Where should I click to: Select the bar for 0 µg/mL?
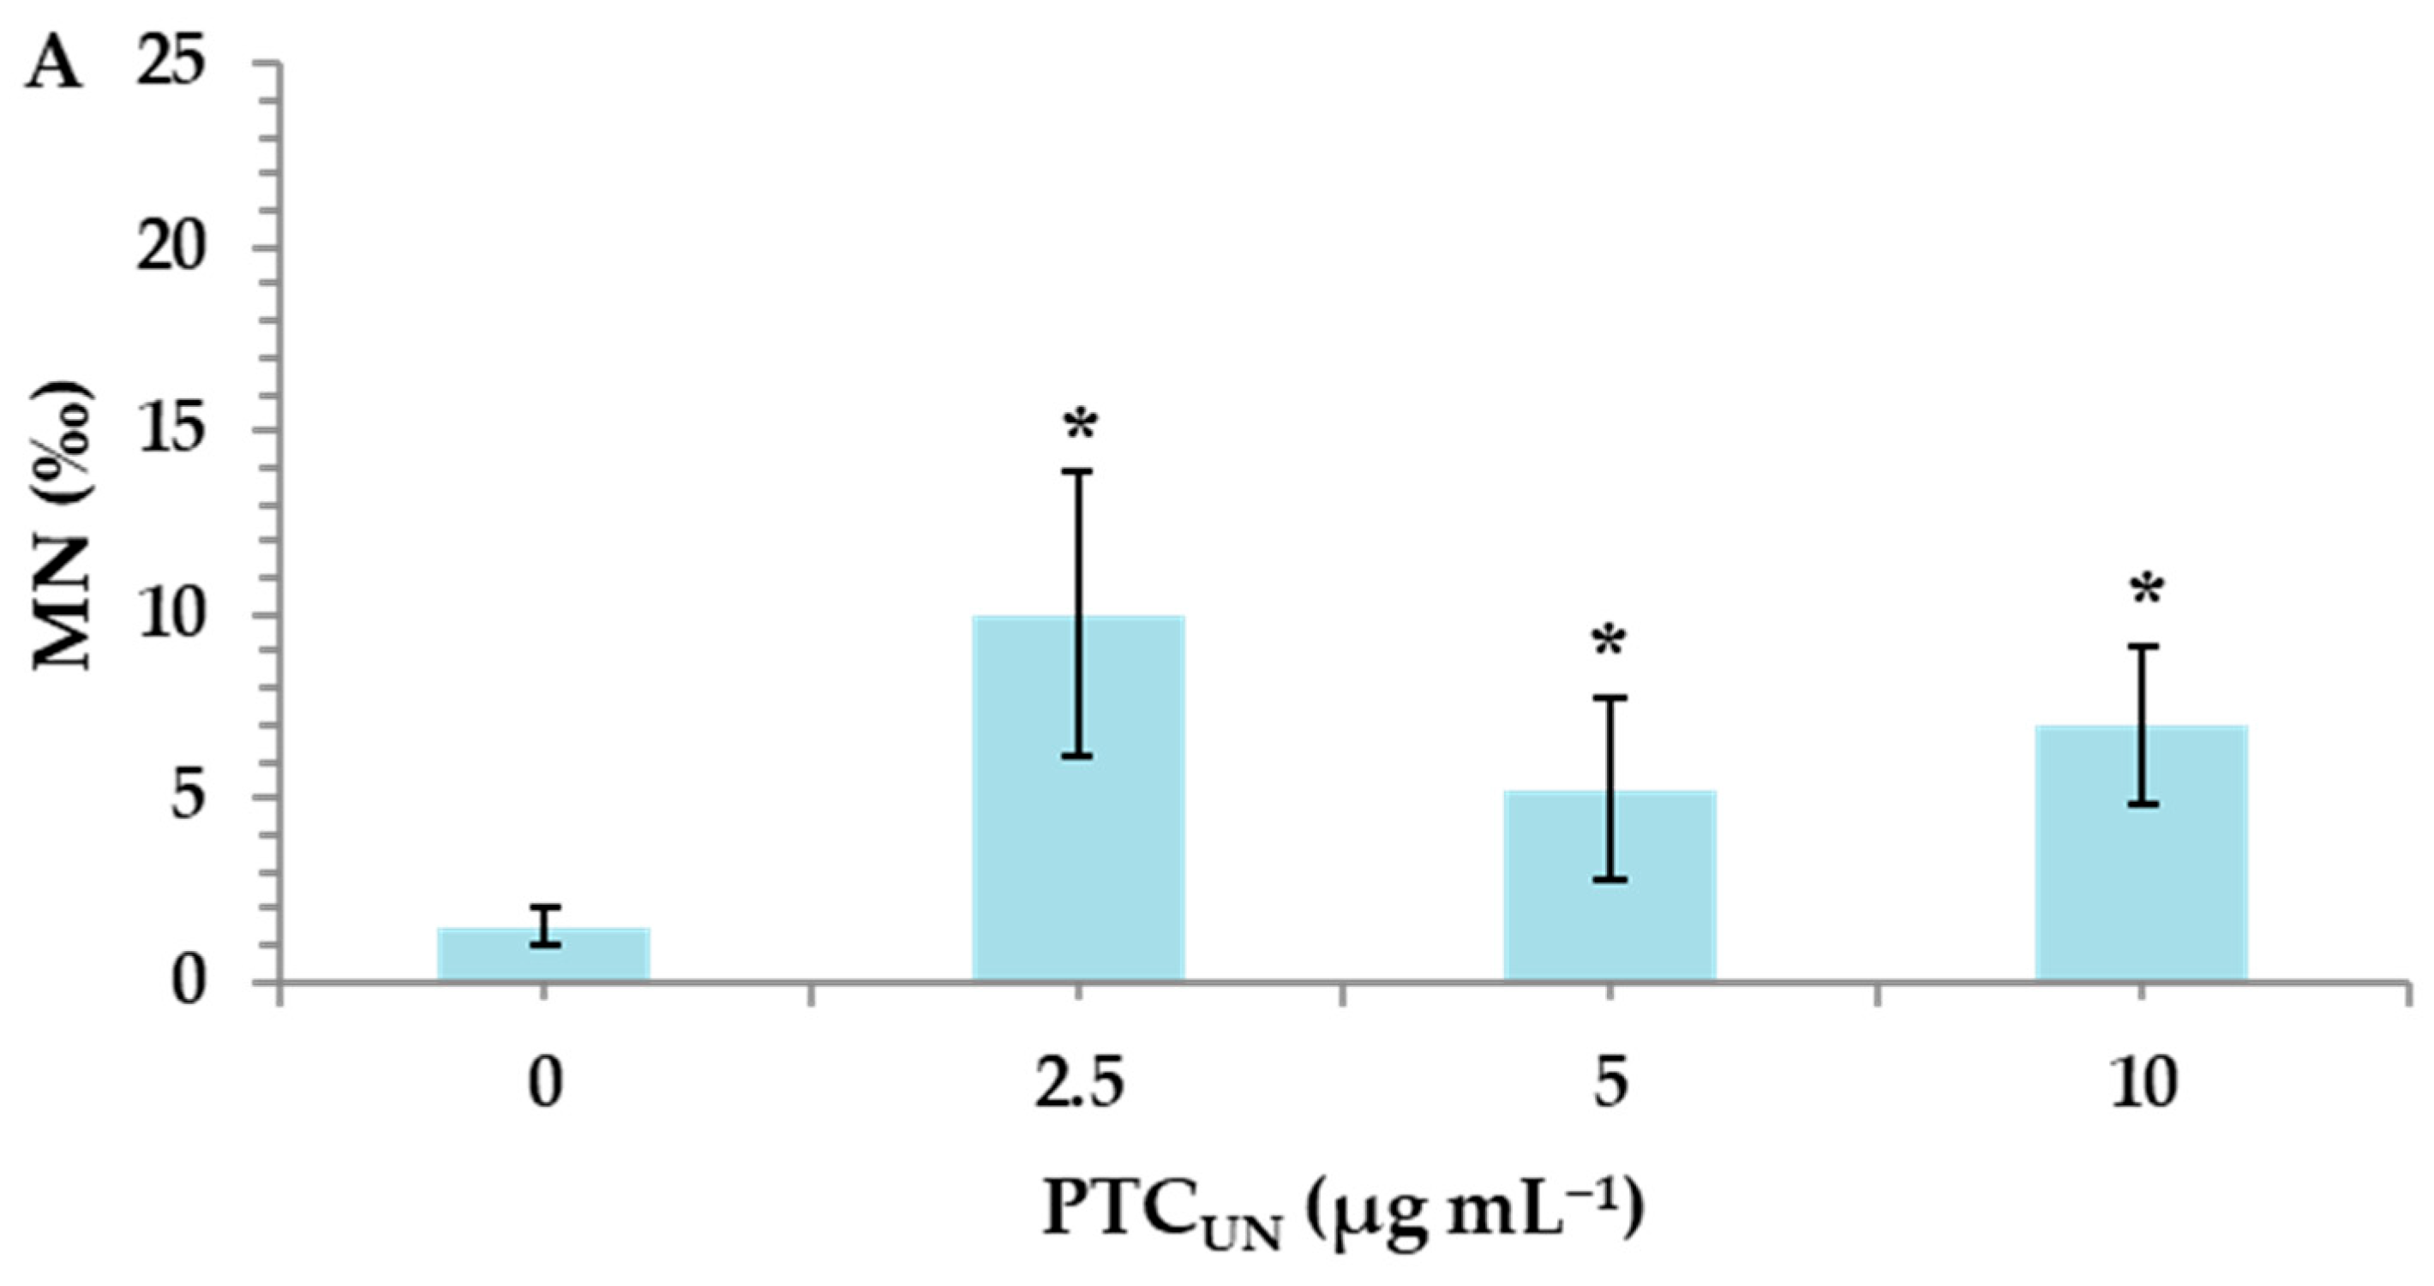point(543,955)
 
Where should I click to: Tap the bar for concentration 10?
point(2141,854)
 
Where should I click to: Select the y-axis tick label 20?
point(172,248)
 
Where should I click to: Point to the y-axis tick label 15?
point(172,431)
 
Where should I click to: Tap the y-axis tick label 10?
point(172,615)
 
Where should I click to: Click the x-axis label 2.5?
point(1080,1086)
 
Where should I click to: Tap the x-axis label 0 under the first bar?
point(544,1086)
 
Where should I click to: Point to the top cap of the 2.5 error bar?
point(1078,470)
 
